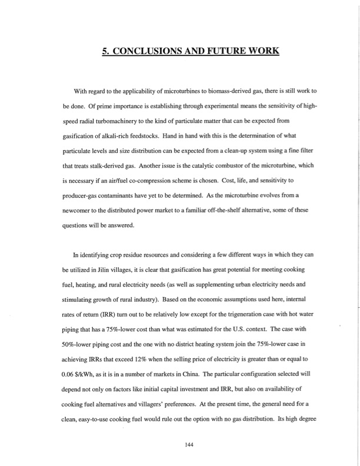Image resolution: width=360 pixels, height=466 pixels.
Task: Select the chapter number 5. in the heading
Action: click(106, 51)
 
